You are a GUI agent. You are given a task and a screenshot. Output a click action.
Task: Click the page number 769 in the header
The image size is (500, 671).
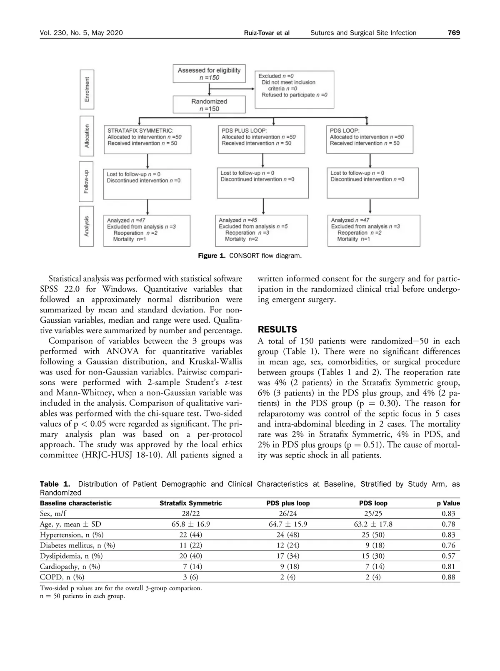pyautogui.click(x=453, y=33)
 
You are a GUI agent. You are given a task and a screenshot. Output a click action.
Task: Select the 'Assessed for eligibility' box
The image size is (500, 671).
pyautogui.click(x=209, y=74)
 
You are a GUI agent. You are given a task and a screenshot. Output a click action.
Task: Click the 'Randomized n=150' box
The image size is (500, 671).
pyautogui.click(x=209, y=105)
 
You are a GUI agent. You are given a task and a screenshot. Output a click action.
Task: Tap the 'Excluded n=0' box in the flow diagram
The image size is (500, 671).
pyautogui.click(x=294, y=89)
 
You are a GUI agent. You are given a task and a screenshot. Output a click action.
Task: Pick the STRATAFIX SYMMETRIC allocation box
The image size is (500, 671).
pyautogui.click(x=147, y=140)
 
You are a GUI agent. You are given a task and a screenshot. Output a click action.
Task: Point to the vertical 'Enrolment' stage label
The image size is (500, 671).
pyautogui.click(x=87, y=89)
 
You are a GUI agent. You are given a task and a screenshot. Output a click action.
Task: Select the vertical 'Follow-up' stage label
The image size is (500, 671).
pyautogui.click(x=87, y=181)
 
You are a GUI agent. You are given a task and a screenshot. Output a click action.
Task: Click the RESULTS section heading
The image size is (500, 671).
pyautogui.click(x=277, y=330)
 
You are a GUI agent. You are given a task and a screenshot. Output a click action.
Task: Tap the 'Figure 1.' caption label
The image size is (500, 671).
pyautogui.click(x=211, y=256)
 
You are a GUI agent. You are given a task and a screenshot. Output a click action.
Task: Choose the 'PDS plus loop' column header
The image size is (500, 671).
pyautogui.click(x=288, y=503)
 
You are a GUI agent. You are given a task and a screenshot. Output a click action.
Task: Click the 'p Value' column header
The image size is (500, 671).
pyautogui.click(x=448, y=503)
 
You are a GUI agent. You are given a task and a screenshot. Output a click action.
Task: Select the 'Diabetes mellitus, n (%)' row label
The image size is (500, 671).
pyautogui.click(x=77, y=545)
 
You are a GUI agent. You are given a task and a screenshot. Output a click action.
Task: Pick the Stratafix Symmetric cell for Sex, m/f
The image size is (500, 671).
pyautogui.click(x=191, y=514)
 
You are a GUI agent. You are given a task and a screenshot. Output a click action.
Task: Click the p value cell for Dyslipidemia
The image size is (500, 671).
pyautogui.click(x=448, y=556)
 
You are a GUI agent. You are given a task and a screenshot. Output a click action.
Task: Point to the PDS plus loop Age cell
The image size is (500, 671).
pyautogui.click(x=288, y=524)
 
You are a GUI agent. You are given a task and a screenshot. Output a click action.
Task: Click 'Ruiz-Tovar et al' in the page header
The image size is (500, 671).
pyautogui.click(x=266, y=33)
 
